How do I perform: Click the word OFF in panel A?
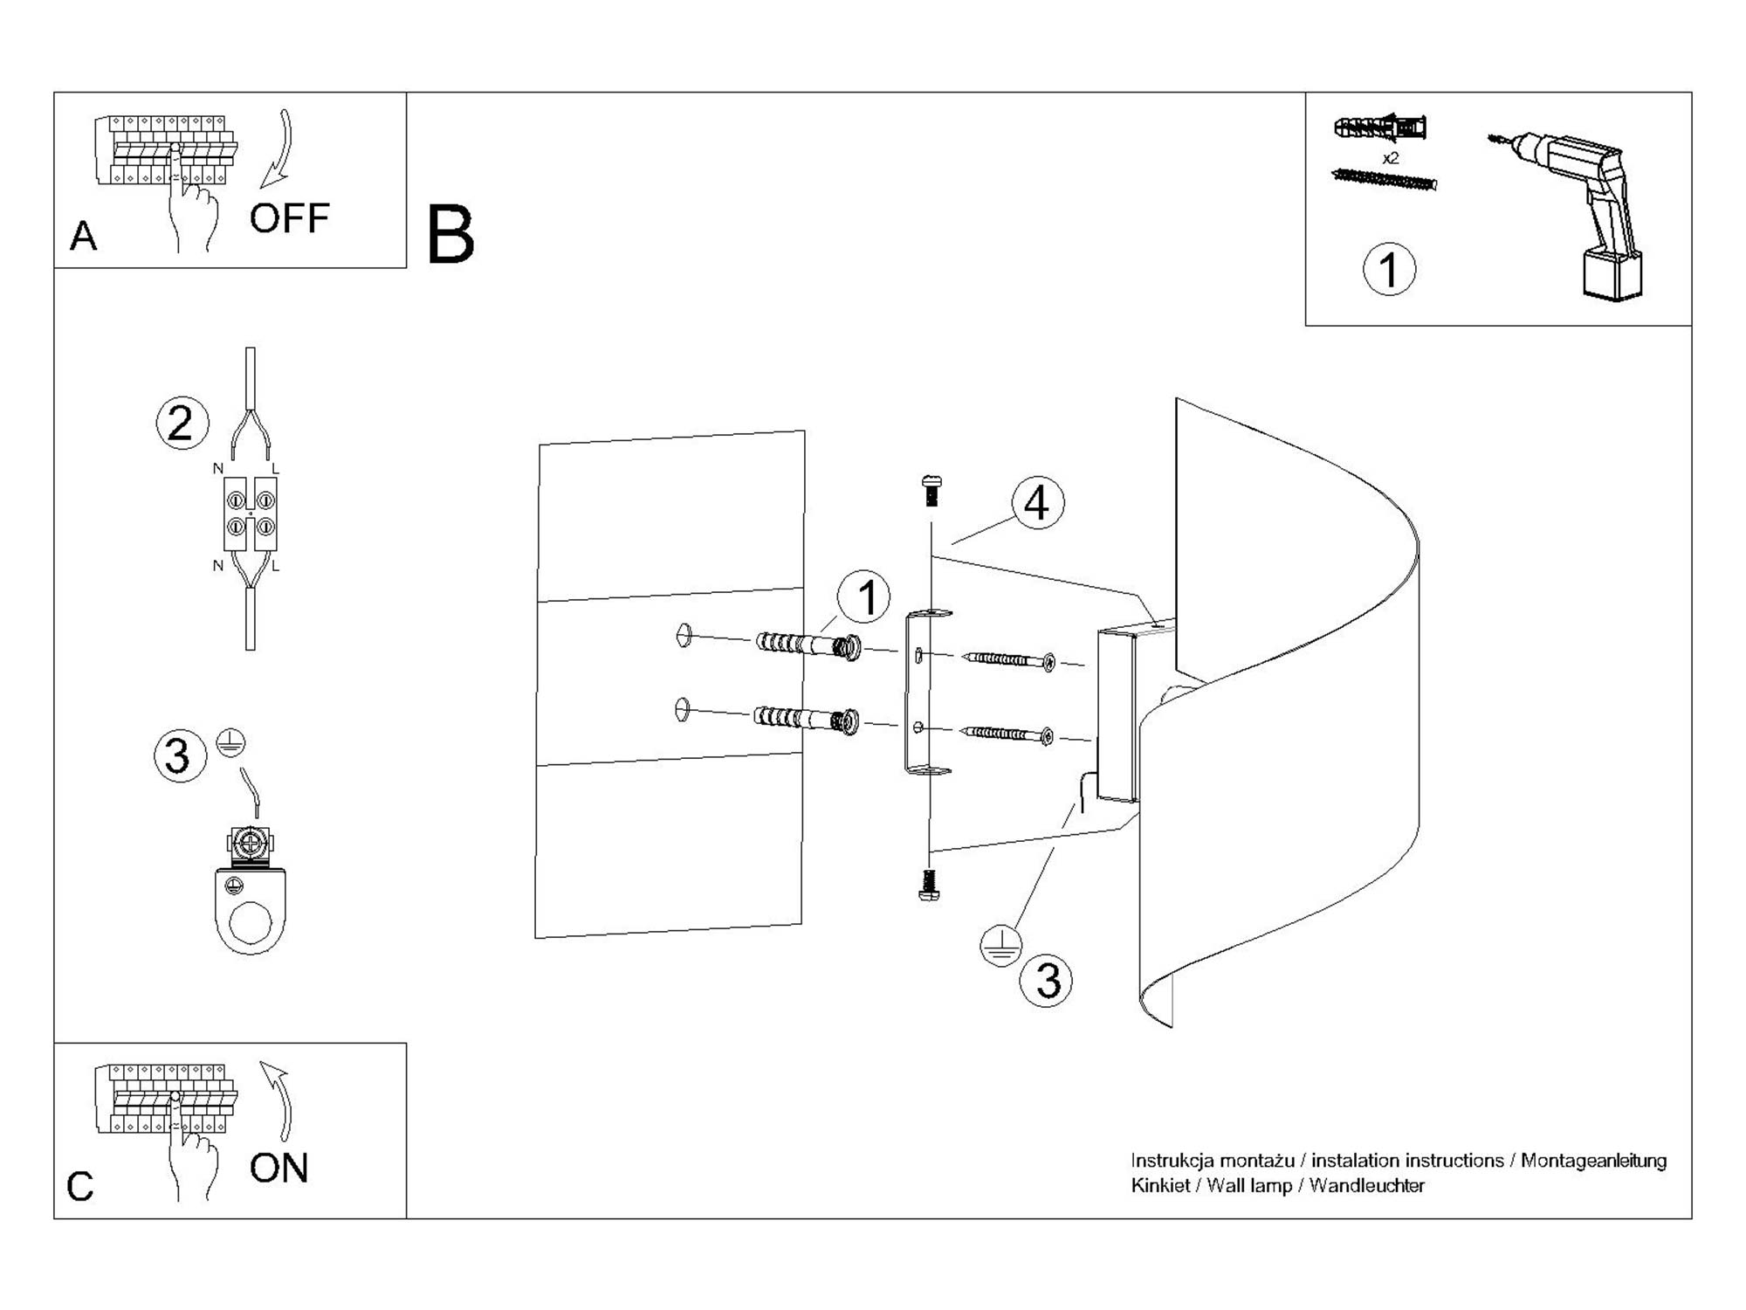pos(289,218)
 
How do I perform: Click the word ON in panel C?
pos(278,1169)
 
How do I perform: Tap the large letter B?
pos(450,235)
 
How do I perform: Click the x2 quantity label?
pos(1391,158)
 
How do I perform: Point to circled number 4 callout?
pos(1037,503)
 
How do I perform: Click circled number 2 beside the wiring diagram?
pos(182,424)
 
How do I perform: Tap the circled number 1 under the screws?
pos(1389,269)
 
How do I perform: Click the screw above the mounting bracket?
pos(931,491)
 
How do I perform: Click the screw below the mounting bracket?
pos(930,884)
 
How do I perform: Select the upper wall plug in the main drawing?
pos(808,646)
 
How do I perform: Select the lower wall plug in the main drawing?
pos(807,720)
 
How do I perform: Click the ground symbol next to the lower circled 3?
pos(1000,946)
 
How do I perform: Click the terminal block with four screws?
pos(251,514)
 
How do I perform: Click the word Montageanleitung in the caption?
pos(1593,1161)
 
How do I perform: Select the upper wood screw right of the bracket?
pos(1008,659)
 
